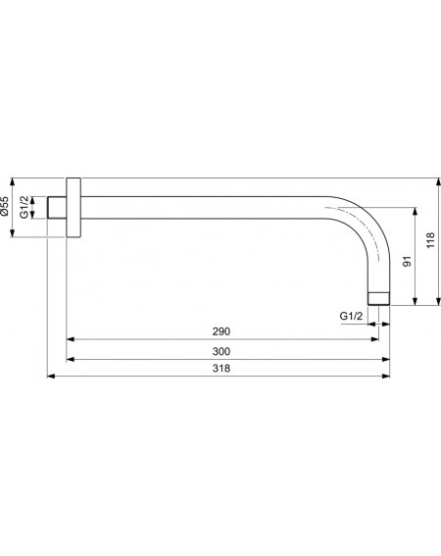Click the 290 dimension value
click(221, 331)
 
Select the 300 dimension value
click(221, 351)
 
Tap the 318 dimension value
click(221, 369)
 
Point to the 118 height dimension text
click(430, 240)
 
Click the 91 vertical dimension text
click(408, 262)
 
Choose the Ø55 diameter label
click(4, 207)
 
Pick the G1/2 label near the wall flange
click(24, 207)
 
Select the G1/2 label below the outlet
click(351, 316)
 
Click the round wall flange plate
click(73, 208)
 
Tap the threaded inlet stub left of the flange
click(57, 208)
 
